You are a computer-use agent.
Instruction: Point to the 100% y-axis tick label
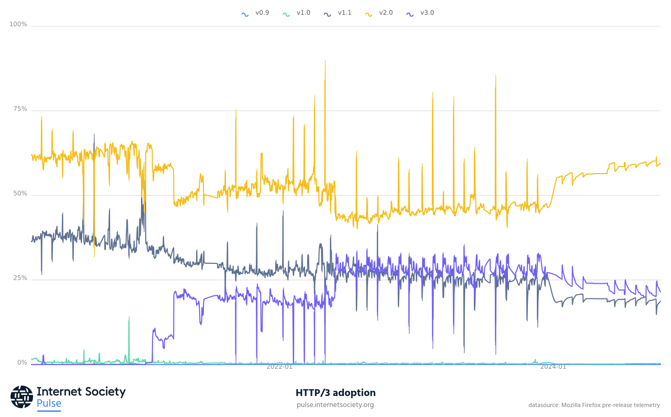(18, 25)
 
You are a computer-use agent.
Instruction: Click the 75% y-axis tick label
(20, 109)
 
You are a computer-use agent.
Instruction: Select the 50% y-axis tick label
(20, 194)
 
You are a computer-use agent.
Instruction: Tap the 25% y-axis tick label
(20, 279)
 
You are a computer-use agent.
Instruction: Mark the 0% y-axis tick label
(22, 363)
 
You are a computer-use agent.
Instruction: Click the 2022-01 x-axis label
(279, 367)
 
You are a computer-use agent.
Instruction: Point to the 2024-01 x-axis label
(553, 367)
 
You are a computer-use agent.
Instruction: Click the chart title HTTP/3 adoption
(335, 393)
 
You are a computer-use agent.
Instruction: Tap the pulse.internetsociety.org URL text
(335, 405)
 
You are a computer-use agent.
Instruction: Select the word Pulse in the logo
(49, 403)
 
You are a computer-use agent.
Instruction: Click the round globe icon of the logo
(21, 397)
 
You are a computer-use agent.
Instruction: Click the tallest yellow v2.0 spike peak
(325, 60)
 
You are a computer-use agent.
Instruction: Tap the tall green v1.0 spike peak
(129, 317)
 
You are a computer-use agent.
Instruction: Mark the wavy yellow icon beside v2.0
(369, 14)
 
